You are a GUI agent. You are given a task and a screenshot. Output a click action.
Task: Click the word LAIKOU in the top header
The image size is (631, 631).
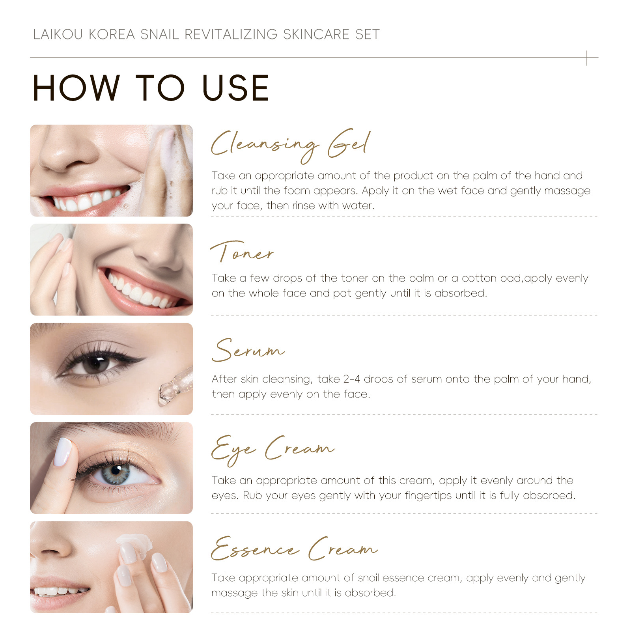[58, 34]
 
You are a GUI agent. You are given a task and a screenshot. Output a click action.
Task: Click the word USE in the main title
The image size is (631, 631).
[235, 88]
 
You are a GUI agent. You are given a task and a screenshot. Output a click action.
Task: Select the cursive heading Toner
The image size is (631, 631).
[242, 252]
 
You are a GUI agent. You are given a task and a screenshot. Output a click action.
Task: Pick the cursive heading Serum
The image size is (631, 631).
[248, 350]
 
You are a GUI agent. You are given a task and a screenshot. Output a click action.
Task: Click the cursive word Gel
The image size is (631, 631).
[349, 143]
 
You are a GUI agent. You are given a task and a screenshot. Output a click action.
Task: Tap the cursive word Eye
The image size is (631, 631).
[233, 450]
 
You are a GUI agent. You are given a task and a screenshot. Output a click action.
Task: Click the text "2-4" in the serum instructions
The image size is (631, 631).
[351, 379]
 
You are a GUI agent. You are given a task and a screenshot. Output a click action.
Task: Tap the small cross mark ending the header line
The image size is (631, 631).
[587, 58]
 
